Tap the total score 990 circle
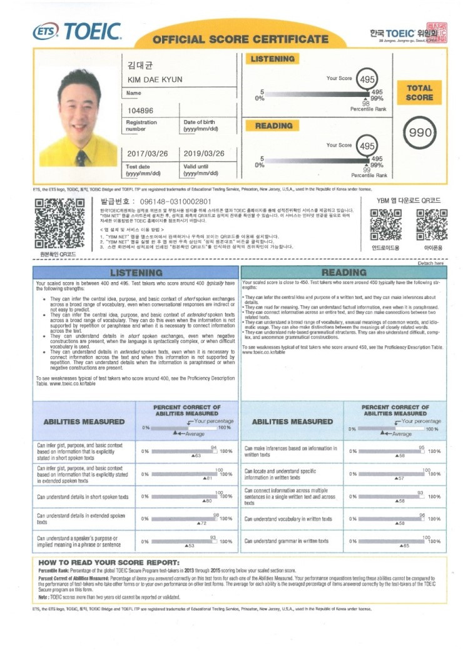click(420, 133)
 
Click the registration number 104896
click(141, 111)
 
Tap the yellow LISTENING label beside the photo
click(272, 59)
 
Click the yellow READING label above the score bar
click(273, 126)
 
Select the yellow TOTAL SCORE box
click(419, 93)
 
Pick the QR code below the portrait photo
click(59, 223)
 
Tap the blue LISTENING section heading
click(136, 273)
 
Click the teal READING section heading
click(343, 273)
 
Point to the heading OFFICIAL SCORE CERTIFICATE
click(240, 39)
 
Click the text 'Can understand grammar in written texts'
click(286, 541)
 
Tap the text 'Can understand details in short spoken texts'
click(83, 497)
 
